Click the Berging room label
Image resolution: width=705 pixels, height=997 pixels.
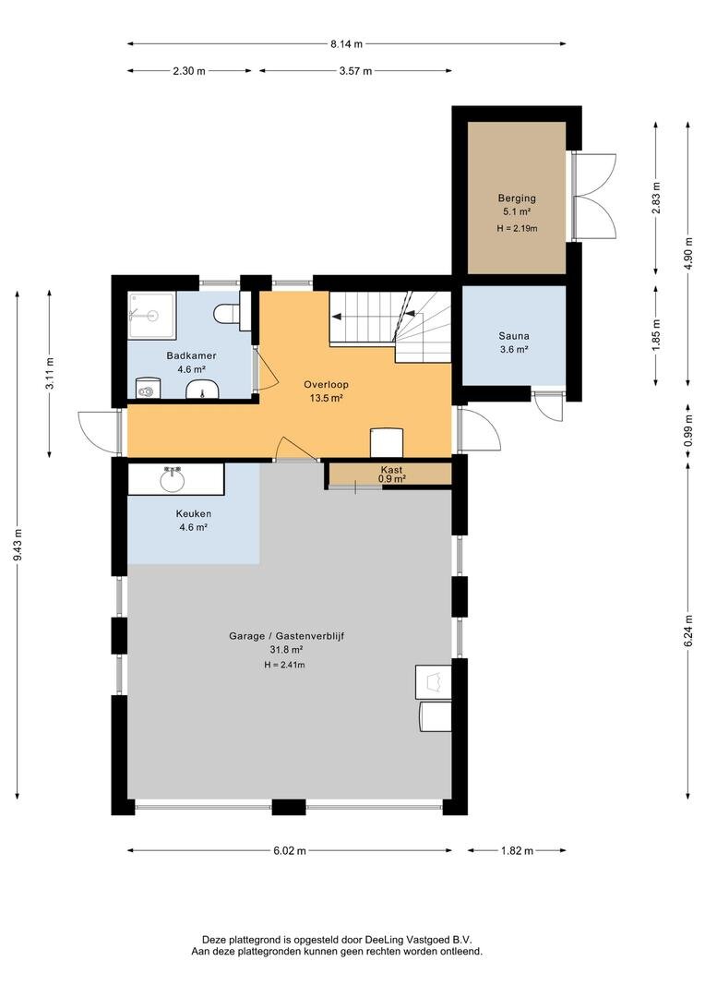pyautogui.click(x=517, y=198)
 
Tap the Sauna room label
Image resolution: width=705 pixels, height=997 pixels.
pyautogui.click(x=514, y=336)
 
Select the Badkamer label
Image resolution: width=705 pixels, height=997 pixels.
pyautogui.click(x=191, y=355)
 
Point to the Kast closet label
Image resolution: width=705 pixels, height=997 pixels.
pyautogui.click(x=391, y=470)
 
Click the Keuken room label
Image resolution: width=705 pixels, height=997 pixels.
pyautogui.click(x=194, y=514)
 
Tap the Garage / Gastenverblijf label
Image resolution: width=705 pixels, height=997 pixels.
pyautogui.click(x=287, y=635)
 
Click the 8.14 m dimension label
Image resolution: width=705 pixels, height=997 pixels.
pyautogui.click(x=346, y=44)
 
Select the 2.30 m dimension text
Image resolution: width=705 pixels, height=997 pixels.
pyautogui.click(x=189, y=71)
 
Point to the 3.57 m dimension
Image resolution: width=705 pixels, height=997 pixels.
pyautogui.click(x=355, y=71)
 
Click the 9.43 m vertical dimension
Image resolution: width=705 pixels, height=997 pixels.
pyautogui.click(x=18, y=545)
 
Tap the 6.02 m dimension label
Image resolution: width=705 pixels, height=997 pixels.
pyautogui.click(x=289, y=851)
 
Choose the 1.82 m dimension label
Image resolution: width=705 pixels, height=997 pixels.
pyautogui.click(x=517, y=851)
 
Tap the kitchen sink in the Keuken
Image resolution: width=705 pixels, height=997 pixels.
pyautogui.click(x=173, y=479)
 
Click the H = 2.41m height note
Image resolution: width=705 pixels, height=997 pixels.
pyautogui.click(x=285, y=665)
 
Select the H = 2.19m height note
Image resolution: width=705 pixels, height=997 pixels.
pyautogui.click(x=518, y=228)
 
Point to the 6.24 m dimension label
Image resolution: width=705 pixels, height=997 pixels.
pyautogui.click(x=687, y=631)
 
